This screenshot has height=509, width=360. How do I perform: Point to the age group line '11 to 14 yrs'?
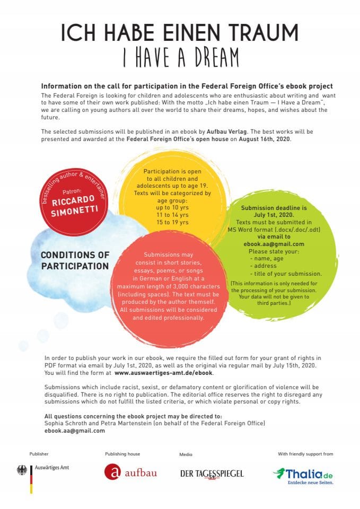click(x=169, y=215)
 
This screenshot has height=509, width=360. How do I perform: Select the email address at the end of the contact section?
click(x=75, y=431)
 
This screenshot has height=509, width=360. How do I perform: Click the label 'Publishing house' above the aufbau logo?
click(x=122, y=454)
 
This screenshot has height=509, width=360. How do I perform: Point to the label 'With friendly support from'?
click(x=305, y=454)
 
